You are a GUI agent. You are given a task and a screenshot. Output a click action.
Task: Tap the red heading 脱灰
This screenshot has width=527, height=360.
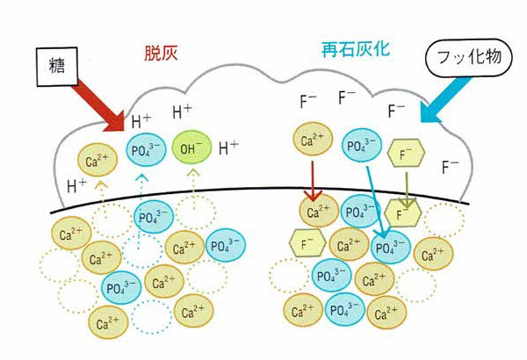tap(162, 52)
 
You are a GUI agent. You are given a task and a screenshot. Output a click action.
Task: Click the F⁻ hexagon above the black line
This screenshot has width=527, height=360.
tap(407, 155)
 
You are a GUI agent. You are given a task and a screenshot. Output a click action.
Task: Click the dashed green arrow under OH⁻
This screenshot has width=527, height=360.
tap(193, 180)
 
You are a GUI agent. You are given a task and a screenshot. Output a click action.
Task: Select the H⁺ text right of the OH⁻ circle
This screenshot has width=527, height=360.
tap(228, 147)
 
